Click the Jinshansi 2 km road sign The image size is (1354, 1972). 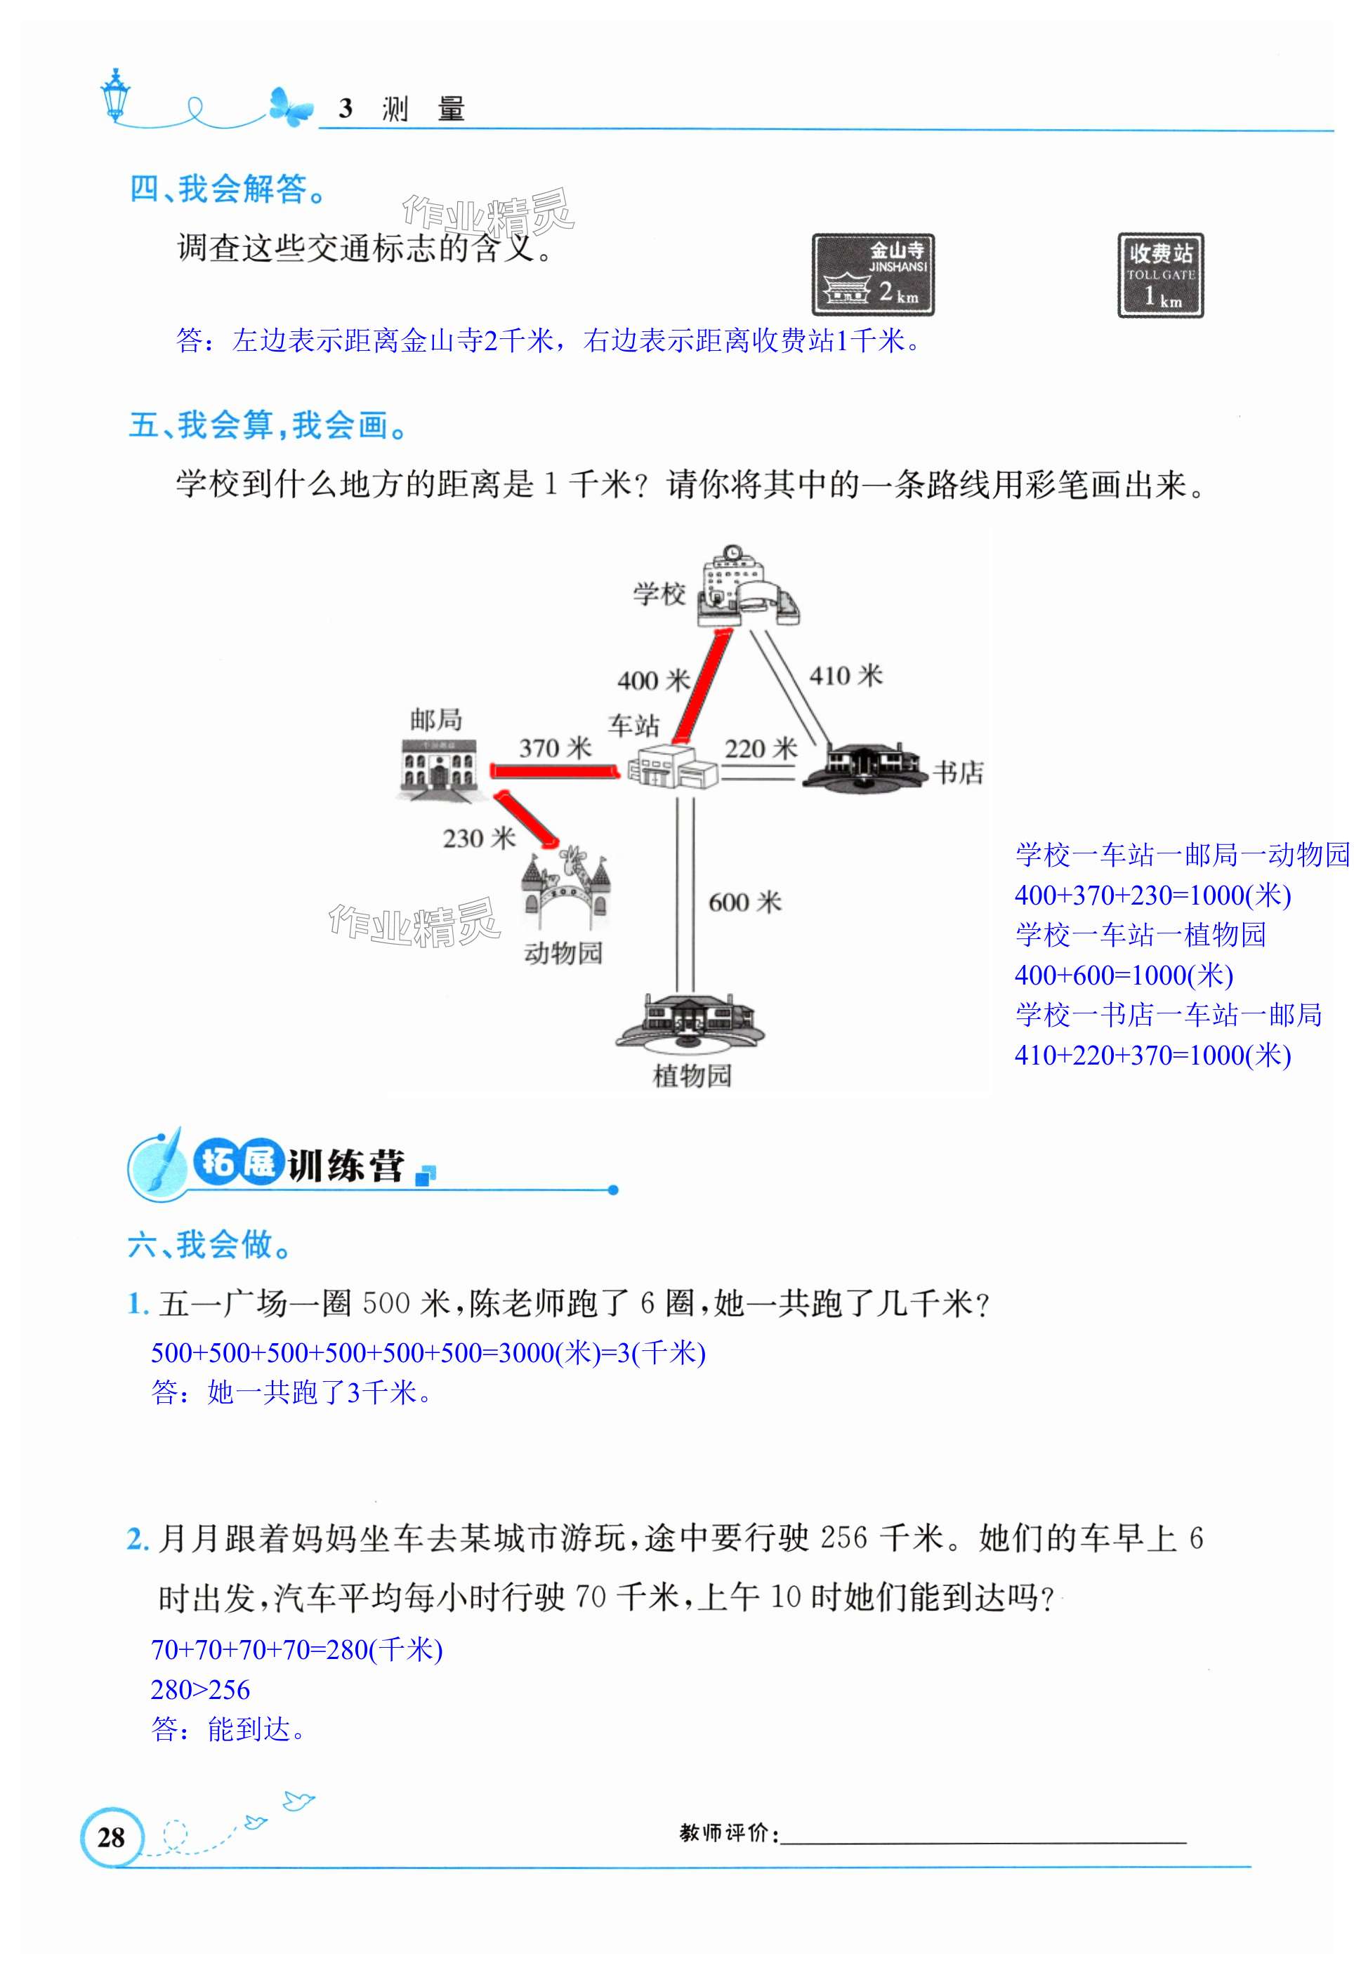[x=873, y=275]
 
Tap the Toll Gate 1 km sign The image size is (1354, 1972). [x=1159, y=276]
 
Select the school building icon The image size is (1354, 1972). [x=745, y=587]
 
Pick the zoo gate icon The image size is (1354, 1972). [x=565, y=889]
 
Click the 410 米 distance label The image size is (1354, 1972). [x=846, y=675]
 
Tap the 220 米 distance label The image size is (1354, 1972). [x=761, y=748]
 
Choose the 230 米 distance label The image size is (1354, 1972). [x=479, y=839]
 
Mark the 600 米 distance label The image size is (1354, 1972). [x=744, y=902]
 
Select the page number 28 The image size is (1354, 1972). [x=111, y=1837]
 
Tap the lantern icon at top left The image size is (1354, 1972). [x=114, y=94]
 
